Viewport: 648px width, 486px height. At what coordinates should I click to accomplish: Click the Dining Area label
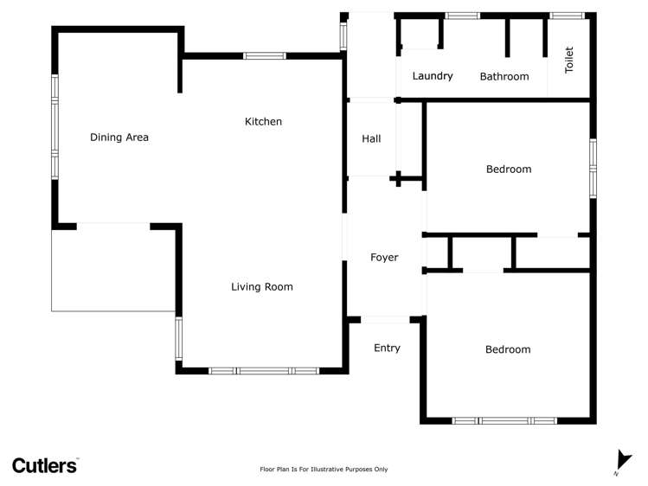119,137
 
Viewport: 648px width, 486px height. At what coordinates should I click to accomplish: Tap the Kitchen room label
263,121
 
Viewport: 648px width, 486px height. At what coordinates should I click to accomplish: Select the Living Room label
262,286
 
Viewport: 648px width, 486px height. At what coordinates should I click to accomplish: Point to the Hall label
371,138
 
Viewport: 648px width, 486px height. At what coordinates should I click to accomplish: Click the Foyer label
384,257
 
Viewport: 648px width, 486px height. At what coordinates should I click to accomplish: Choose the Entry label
387,349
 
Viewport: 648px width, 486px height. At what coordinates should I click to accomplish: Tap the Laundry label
433,76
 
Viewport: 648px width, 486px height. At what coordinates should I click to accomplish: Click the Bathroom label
504,76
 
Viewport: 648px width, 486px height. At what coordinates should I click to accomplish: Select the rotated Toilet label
569,60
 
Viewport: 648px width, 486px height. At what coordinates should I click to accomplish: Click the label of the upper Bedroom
509,169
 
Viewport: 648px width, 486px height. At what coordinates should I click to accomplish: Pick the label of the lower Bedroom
508,349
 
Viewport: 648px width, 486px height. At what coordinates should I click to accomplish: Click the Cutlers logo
45,465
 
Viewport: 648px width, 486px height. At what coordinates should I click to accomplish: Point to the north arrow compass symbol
623,461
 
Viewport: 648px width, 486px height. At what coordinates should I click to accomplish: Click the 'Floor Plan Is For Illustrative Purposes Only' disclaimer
324,469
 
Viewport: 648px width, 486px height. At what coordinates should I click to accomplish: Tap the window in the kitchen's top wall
265,55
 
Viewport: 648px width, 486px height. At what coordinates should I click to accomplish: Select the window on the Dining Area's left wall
55,127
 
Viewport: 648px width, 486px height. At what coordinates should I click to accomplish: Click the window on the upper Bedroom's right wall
593,169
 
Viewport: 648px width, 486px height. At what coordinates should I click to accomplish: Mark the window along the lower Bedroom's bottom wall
504,421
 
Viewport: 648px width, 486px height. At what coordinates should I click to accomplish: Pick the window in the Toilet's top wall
567,16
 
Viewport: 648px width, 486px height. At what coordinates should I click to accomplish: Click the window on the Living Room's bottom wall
264,371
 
